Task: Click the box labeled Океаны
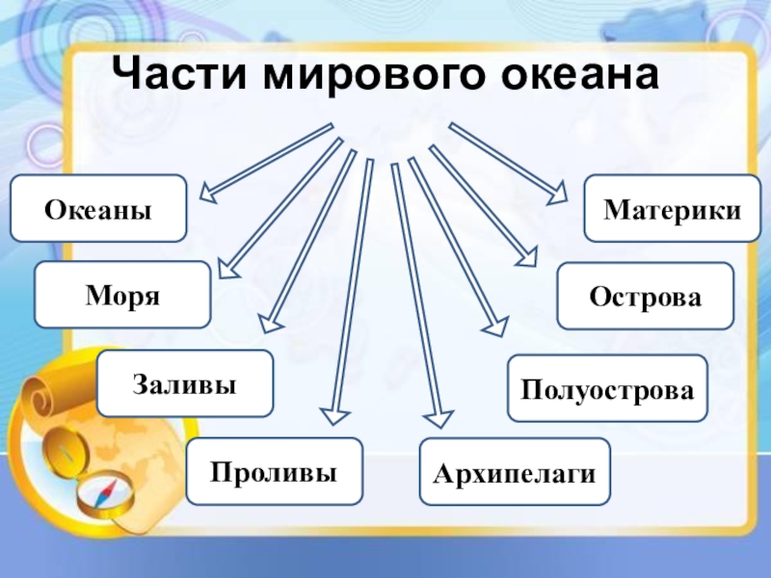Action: [x=97, y=208]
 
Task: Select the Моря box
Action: [x=122, y=295]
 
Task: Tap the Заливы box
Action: [x=185, y=383]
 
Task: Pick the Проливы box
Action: [x=274, y=472]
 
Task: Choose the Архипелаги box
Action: [x=515, y=472]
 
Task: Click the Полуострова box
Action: [x=607, y=388]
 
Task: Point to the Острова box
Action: [x=646, y=296]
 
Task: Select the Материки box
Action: [x=672, y=208]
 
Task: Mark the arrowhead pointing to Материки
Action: [x=558, y=196]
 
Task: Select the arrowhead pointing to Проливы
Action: [x=333, y=414]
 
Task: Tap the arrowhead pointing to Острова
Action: [x=527, y=256]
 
